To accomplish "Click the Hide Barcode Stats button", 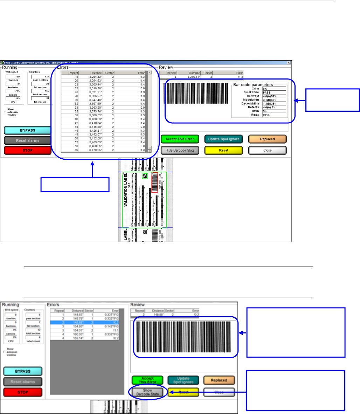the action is tap(180, 150).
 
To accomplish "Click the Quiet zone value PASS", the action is tap(274, 92).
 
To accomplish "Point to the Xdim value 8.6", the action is tap(274, 89).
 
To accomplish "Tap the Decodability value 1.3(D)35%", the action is tap(274, 104).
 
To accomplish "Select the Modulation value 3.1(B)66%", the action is tap(274, 100).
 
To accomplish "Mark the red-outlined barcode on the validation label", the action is tap(155, 183).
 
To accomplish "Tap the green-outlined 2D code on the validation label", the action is tap(144, 177).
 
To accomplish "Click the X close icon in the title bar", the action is tap(289, 62).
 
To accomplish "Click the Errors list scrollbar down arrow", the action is tap(150, 150).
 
